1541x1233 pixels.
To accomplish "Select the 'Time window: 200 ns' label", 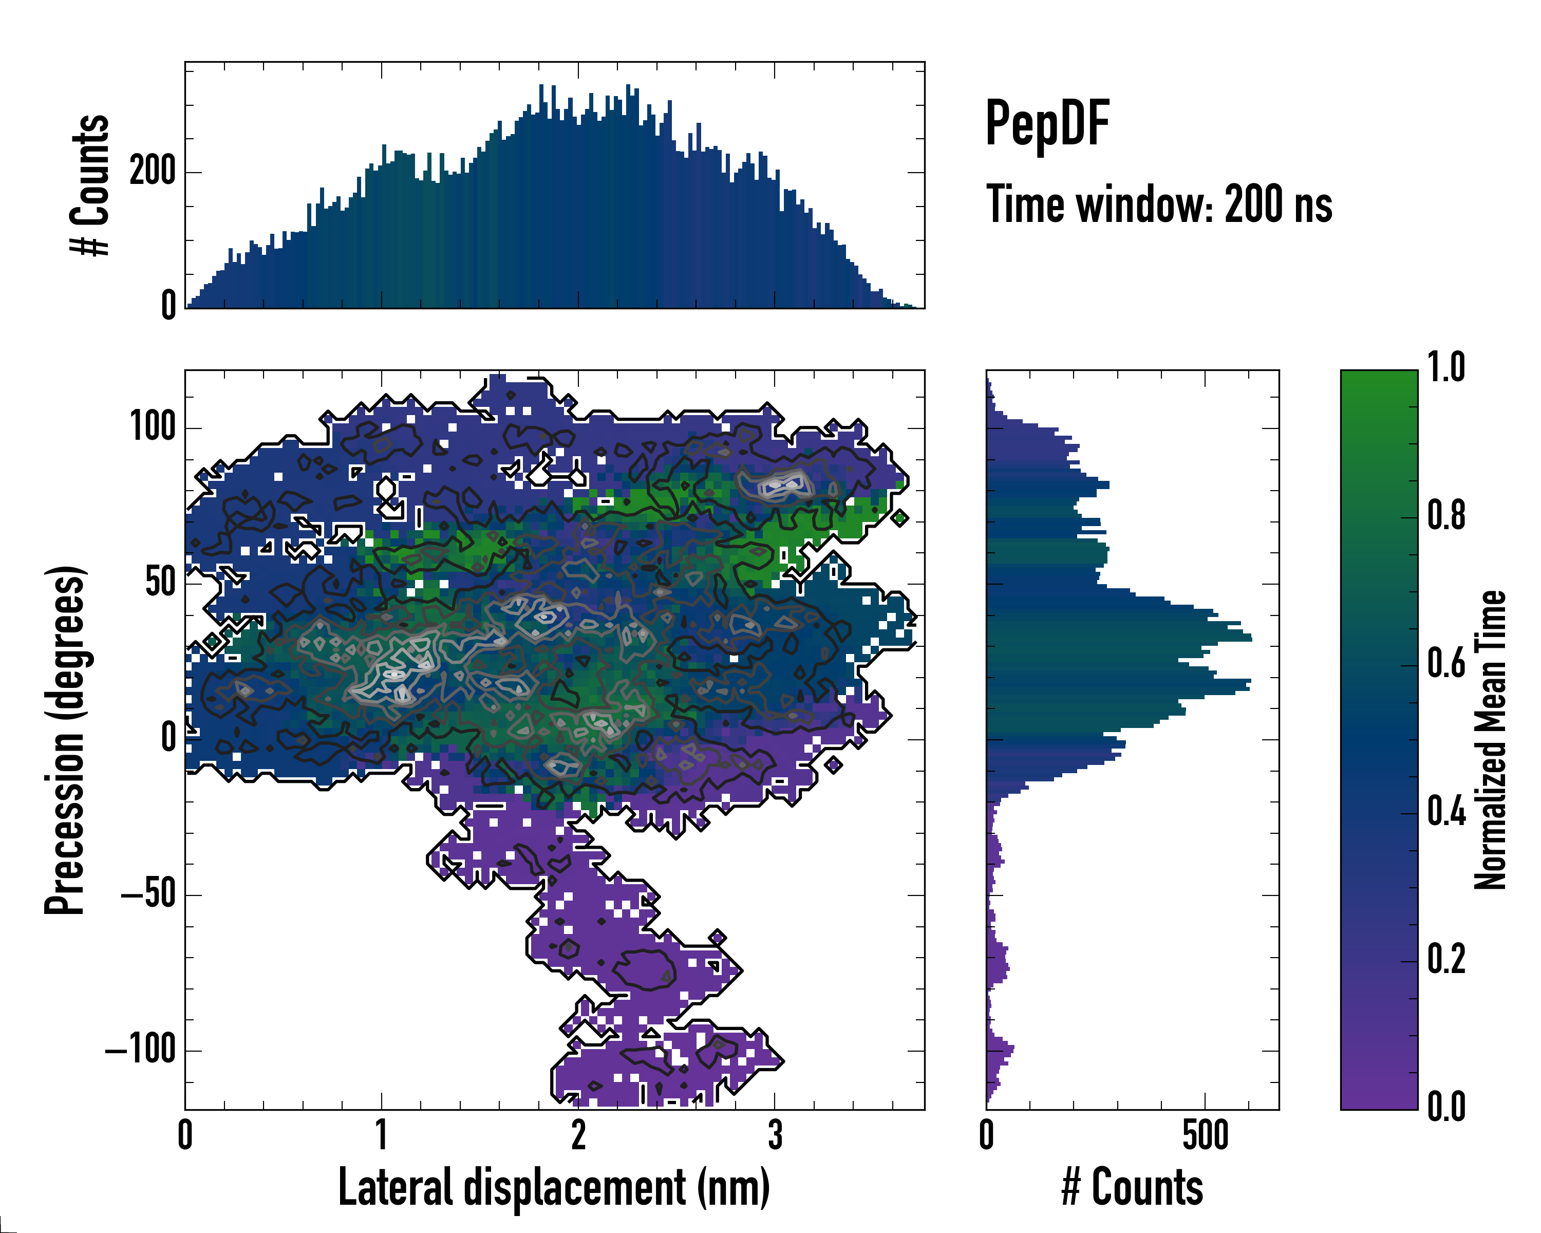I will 1159,204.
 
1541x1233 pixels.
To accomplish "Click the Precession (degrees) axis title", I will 66,740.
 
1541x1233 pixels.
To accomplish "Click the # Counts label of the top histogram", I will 91,185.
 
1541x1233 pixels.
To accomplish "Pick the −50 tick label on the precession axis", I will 148,894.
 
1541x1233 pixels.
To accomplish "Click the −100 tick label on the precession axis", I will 140,1050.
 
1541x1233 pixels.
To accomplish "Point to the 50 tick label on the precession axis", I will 160,583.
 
